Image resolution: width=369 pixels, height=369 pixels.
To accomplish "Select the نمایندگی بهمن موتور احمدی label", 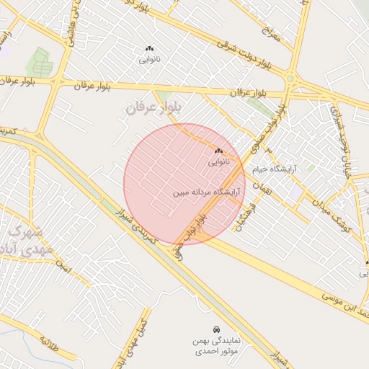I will [217, 345].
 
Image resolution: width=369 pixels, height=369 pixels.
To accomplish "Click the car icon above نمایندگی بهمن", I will [217, 329].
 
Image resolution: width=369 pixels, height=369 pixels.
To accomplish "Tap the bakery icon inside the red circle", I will [218, 151].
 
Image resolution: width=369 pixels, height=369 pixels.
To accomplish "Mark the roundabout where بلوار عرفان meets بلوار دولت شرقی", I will [290, 79].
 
